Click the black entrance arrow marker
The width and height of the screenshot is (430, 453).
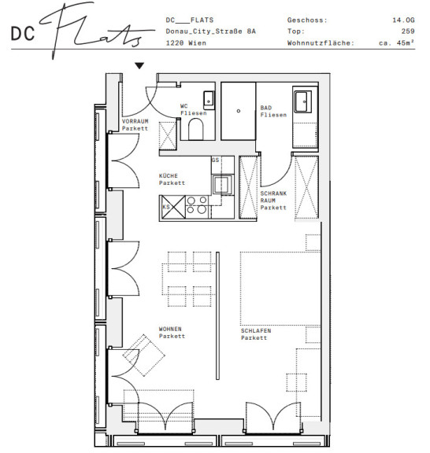139,66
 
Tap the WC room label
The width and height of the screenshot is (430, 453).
183,106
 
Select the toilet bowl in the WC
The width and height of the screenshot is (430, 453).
195,129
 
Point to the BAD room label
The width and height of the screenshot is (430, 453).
266,108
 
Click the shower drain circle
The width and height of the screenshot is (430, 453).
239,111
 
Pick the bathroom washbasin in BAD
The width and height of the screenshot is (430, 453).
302,101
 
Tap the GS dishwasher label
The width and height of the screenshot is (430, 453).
215,160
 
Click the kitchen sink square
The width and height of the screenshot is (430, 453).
222,184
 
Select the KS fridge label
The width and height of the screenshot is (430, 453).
166,207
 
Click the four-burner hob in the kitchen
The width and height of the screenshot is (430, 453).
197,204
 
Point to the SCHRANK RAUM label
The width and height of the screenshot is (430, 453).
273,201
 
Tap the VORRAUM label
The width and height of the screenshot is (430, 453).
135,121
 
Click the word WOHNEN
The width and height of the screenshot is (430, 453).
170,329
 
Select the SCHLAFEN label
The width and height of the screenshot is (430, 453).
256,331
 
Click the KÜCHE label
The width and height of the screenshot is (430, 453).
168,176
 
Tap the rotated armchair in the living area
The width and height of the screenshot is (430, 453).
144,355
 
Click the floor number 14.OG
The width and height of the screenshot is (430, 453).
403,20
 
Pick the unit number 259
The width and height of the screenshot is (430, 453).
408,31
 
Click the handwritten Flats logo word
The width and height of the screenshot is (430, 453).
95,31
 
